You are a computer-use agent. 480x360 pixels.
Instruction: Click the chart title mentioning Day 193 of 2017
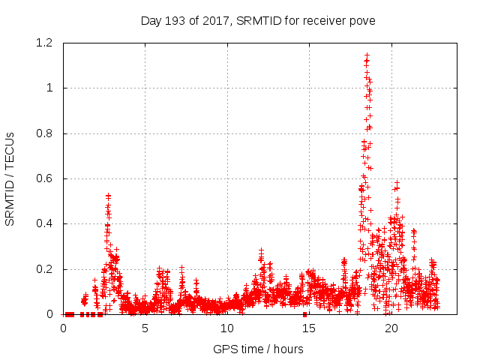click(x=258, y=20)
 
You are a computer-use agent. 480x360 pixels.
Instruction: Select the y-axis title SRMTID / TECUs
click(x=10, y=179)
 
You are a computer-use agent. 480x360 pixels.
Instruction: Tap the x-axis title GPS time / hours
click(x=258, y=349)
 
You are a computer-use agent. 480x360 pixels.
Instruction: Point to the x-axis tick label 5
click(x=145, y=328)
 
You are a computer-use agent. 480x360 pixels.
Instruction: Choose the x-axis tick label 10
click(x=227, y=328)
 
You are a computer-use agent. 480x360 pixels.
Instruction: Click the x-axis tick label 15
click(x=309, y=328)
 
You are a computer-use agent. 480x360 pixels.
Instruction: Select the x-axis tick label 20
click(x=391, y=328)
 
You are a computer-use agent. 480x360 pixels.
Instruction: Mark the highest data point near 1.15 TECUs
click(x=367, y=55)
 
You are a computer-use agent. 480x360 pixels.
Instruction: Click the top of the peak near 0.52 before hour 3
click(x=108, y=196)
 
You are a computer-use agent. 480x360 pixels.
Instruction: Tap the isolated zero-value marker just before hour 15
click(x=304, y=314)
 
